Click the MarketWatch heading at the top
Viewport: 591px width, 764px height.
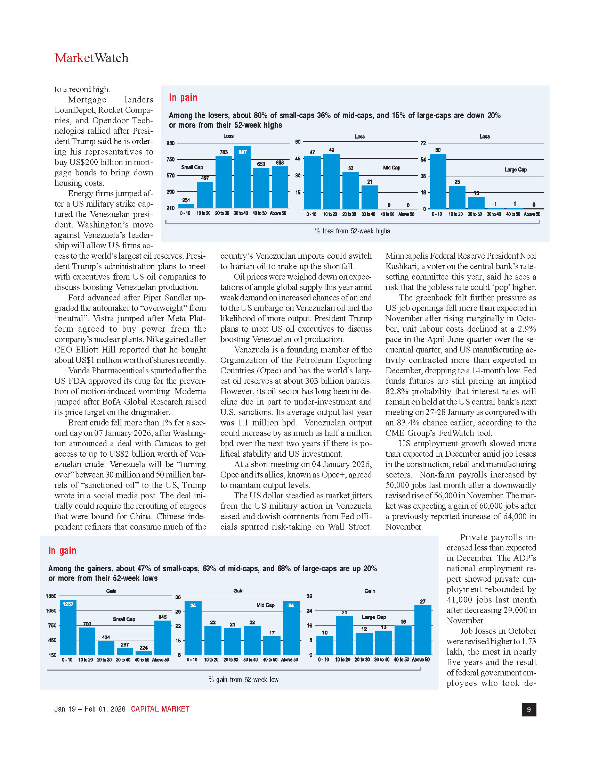coord(91,58)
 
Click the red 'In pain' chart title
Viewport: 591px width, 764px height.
coord(183,97)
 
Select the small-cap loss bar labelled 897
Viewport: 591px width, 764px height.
coord(242,177)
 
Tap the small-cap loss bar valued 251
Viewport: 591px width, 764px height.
coord(186,206)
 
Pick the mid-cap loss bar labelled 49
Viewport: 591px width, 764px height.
coord(331,181)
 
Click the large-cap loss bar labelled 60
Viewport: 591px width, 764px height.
coord(438,181)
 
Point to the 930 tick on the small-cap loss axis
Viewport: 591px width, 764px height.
coord(170,143)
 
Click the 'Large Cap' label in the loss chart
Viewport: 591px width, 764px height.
coord(515,170)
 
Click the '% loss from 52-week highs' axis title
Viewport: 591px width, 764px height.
coord(352,231)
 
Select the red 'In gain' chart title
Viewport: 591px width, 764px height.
coord(62,551)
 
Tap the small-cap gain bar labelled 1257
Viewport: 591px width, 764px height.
coord(68,628)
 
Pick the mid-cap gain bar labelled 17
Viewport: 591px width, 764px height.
coord(272,646)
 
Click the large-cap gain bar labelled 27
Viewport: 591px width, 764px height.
coord(423,630)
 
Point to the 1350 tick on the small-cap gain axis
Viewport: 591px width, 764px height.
coord(51,596)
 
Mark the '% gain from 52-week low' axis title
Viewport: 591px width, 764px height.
coord(243,680)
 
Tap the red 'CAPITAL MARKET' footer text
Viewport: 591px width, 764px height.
coord(160,709)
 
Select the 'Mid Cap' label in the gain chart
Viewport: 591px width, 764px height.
coord(265,605)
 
